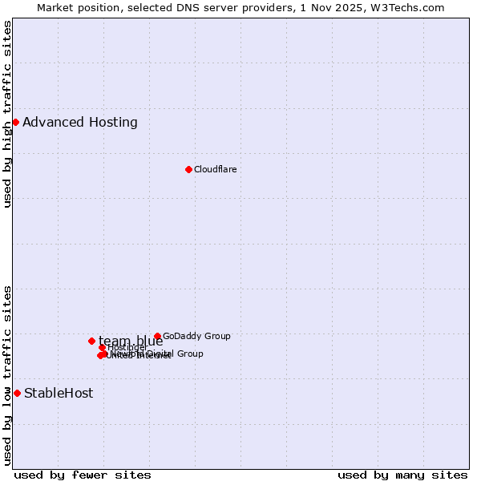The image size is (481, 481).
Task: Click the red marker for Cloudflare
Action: (x=188, y=169)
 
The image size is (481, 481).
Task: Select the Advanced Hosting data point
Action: (x=15, y=122)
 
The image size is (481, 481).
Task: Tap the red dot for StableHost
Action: (x=17, y=393)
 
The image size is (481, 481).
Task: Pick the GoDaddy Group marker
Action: (x=157, y=336)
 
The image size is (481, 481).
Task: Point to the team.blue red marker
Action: (x=91, y=341)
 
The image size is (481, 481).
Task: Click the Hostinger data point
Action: (x=103, y=347)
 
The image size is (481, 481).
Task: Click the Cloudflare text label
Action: (x=215, y=169)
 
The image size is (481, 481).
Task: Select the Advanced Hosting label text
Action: (x=80, y=122)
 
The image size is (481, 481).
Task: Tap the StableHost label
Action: (x=59, y=393)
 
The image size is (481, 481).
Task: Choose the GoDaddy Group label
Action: (x=196, y=336)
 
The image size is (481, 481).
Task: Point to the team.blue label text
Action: (x=131, y=341)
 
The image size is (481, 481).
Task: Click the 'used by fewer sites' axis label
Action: (x=83, y=475)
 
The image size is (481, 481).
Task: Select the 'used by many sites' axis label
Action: (x=402, y=475)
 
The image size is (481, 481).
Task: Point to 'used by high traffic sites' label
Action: (x=7, y=114)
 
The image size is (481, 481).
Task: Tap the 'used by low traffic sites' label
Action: (x=7, y=374)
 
